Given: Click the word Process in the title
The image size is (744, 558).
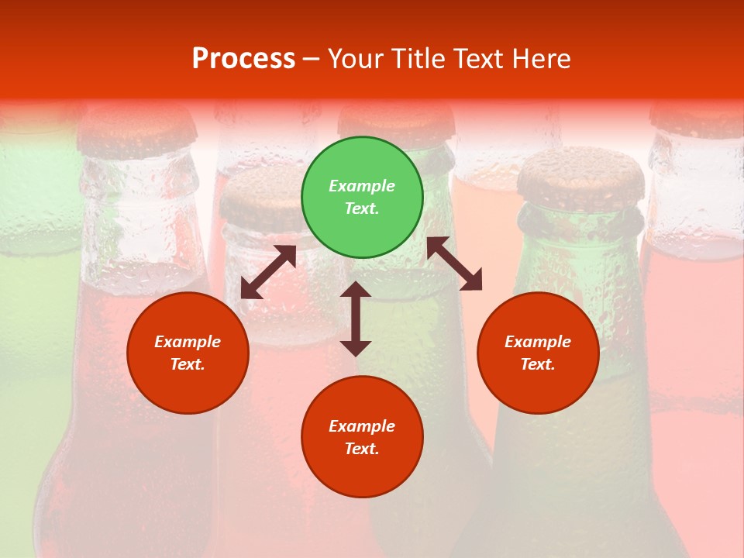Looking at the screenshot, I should tap(243, 59).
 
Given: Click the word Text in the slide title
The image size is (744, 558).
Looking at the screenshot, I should tap(480, 59).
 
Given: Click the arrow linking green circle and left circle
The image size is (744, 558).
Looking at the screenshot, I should tap(268, 272).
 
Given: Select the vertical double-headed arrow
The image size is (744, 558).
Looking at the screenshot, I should tap(356, 319).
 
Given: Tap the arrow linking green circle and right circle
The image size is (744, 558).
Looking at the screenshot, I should tap(454, 263).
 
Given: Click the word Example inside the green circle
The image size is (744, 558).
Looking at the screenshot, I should tap(362, 186).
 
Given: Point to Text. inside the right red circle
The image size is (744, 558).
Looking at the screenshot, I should tap(538, 364).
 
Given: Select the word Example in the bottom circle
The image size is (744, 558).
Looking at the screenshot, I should tap(362, 426).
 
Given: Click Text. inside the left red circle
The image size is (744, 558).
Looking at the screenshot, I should tap(188, 364).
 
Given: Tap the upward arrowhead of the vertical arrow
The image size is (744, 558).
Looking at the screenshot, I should tap(356, 290).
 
